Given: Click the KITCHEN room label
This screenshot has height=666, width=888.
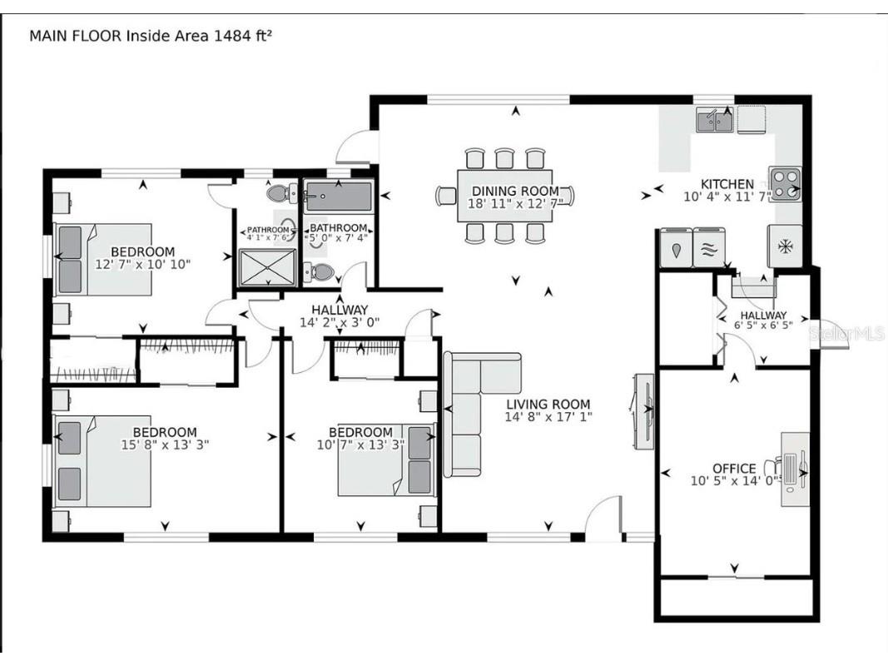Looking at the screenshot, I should pyautogui.click(x=727, y=184).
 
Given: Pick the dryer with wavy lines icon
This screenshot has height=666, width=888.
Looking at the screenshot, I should pyautogui.click(x=708, y=248).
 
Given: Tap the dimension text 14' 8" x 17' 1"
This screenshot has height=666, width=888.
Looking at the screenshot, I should pyautogui.click(x=548, y=417).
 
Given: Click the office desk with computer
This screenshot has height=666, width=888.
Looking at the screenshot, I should pyautogui.click(x=793, y=469).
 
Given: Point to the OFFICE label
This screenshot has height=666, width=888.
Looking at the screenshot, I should pyautogui.click(x=734, y=469).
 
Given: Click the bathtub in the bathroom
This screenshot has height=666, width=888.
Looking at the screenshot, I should pyautogui.click(x=338, y=197).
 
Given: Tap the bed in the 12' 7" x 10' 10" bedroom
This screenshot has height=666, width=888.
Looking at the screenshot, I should pyautogui.click(x=103, y=259).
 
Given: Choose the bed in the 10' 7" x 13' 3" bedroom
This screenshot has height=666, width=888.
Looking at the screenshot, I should pyautogui.click(x=385, y=460).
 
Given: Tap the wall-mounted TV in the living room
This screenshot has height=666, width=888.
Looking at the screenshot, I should pyautogui.click(x=647, y=410).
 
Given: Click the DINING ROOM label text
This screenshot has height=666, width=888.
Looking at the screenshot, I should pyautogui.click(x=515, y=191).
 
